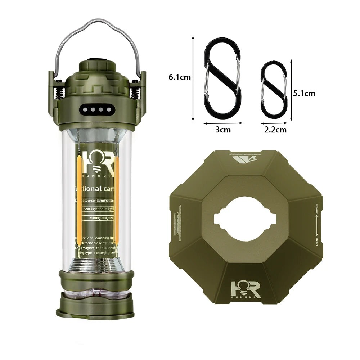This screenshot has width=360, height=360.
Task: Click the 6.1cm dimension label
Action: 179,77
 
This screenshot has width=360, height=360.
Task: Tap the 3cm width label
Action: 223,130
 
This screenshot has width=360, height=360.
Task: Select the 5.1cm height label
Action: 304,94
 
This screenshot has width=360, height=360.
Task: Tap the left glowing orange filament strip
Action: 78,202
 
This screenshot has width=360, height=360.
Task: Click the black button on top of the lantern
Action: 96,61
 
